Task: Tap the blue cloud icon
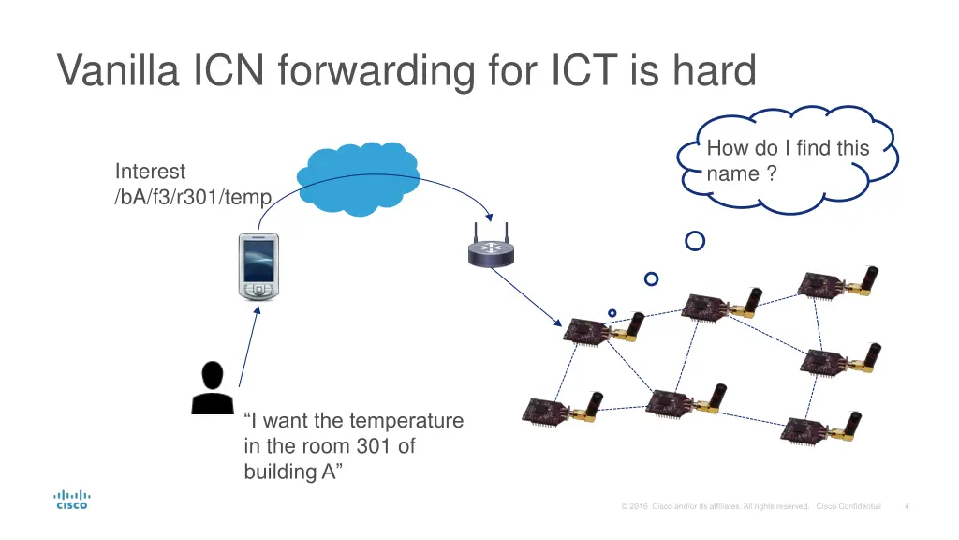pyautogui.click(x=357, y=171)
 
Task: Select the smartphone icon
pyautogui.click(x=258, y=266)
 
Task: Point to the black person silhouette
pyautogui.click(x=213, y=387)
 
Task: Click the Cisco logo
pyautogui.click(x=71, y=499)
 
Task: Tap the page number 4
pyautogui.click(x=907, y=507)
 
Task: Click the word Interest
pyautogui.click(x=150, y=172)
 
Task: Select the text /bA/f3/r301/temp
pyautogui.click(x=193, y=197)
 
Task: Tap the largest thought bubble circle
pyautogui.click(x=695, y=241)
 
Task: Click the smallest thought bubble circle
pyautogui.click(x=612, y=312)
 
